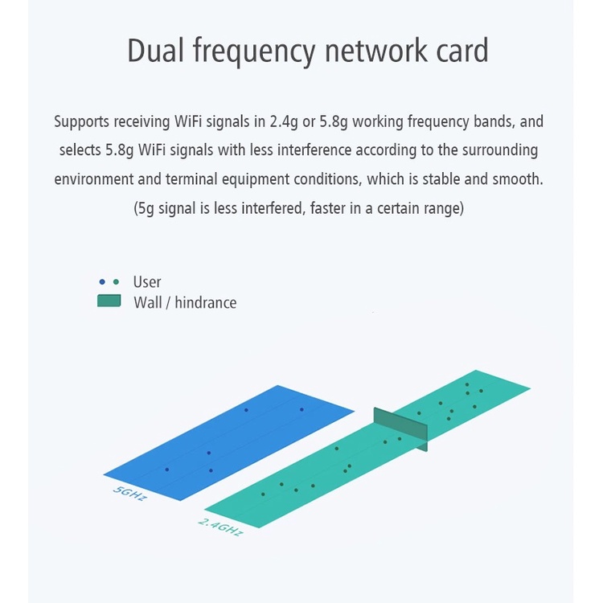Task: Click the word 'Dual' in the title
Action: click(x=155, y=50)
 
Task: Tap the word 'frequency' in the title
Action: click(x=254, y=52)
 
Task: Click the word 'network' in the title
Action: click(x=375, y=50)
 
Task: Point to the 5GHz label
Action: click(x=130, y=494)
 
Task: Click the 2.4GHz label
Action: click(x=221, y=527)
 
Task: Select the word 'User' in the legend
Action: click(x=147, y=282)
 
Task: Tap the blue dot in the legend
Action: click(x=102, y=282)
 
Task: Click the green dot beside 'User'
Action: click(x=116, y=282)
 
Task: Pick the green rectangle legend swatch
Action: click(x=109, y=301)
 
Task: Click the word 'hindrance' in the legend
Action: click(x=206, y=302)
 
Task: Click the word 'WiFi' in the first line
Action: click(x=187, y=121)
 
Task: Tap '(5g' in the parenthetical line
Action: click(x=144, y=208)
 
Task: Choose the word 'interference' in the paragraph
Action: click(x=314, y=150)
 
